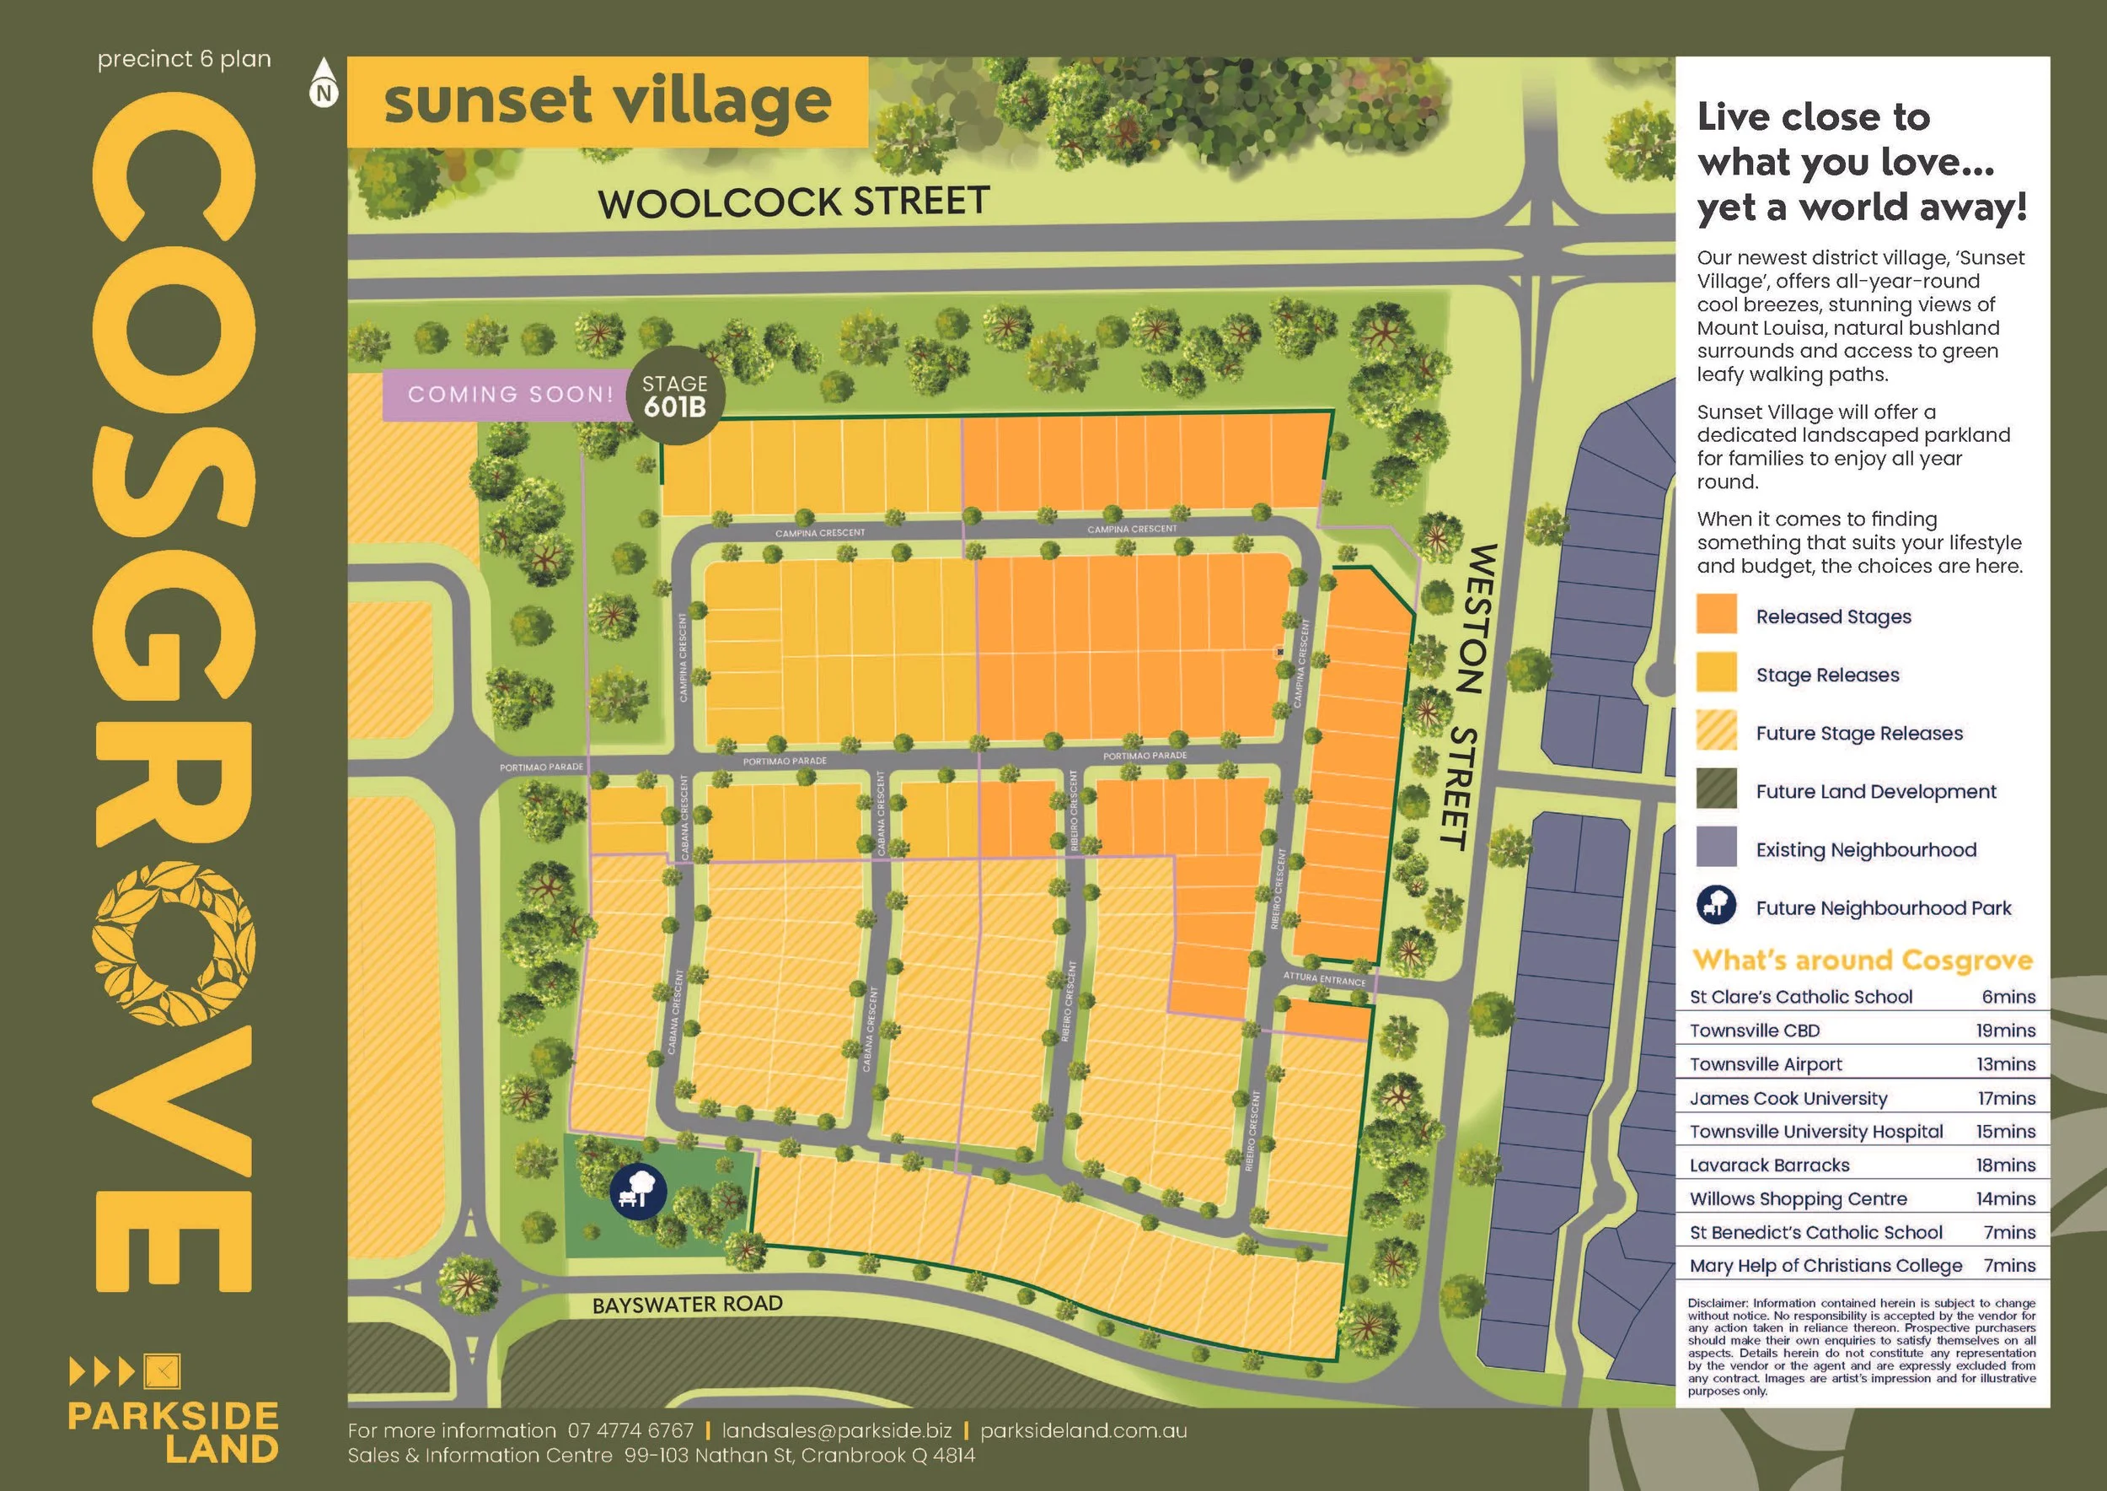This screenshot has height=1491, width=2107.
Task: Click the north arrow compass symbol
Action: click(324, 83)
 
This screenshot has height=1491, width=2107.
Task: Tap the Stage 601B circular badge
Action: click(675, 396)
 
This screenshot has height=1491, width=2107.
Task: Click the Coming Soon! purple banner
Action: click(510, 395)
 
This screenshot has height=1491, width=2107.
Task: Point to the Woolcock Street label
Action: click(794, 202)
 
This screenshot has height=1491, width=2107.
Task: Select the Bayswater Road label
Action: click(688, 1305)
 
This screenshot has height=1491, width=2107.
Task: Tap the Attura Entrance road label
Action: click(1324, 979)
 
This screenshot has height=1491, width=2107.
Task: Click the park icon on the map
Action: click(638, 1191)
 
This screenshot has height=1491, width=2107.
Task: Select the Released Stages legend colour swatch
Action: click(1716, 614)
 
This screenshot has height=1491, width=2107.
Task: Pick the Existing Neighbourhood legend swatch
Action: click(1716, 847)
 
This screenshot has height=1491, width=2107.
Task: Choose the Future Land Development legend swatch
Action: click(1716, 789)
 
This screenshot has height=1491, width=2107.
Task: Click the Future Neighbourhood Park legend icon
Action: click(1716, 905)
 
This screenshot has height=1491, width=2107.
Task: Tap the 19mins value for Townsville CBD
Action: click(2005, 1030)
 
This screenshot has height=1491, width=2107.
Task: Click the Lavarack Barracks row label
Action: click(1769, 1165)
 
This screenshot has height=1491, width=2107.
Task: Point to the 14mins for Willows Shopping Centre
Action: click(2005, 1198)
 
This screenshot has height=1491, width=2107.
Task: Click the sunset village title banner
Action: click(607, 102)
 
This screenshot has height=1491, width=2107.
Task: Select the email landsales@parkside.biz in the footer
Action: click(836, 1430)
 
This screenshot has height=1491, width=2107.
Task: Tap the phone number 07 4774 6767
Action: click(630, 1430)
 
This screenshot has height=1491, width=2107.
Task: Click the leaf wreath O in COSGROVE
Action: click(174, 943)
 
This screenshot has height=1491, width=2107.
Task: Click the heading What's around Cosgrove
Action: click(1862, 961)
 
